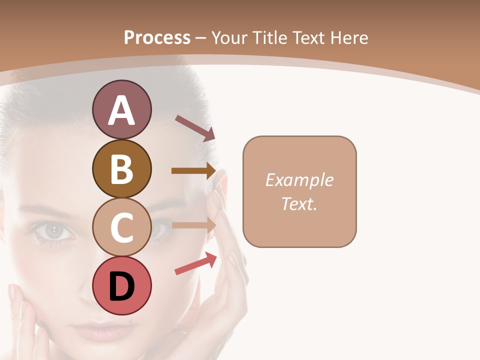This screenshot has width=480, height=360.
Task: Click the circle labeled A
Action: [x=122, y=110]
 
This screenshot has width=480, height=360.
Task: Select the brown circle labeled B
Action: [x=122, y=169]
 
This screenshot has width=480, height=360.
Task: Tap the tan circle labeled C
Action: [x=122, y=227]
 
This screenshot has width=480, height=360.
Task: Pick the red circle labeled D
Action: [x=122, y=285]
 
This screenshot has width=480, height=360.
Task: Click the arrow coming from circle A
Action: [x=195, y=128]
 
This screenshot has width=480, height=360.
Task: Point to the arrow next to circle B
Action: [x=193, y=170]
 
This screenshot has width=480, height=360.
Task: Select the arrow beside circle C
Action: [x=193, y=225]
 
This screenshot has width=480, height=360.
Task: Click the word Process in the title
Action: [x=157, y=37]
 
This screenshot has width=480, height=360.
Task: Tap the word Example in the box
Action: [x=299, y=180]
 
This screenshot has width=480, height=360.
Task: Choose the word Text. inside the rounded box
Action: [x=299, y=203]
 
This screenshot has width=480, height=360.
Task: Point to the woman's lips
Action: [x=100, y=330]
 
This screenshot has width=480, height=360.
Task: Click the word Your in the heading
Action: [x=231, y=37]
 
